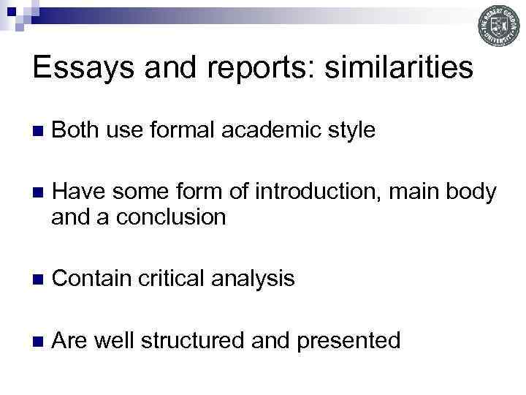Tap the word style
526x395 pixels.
click(x=352, y=131)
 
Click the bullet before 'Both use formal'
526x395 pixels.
click(x=39, y=132)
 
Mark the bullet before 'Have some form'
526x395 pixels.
click(x=39, y=193)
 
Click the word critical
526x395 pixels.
click(x=173, y=278)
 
